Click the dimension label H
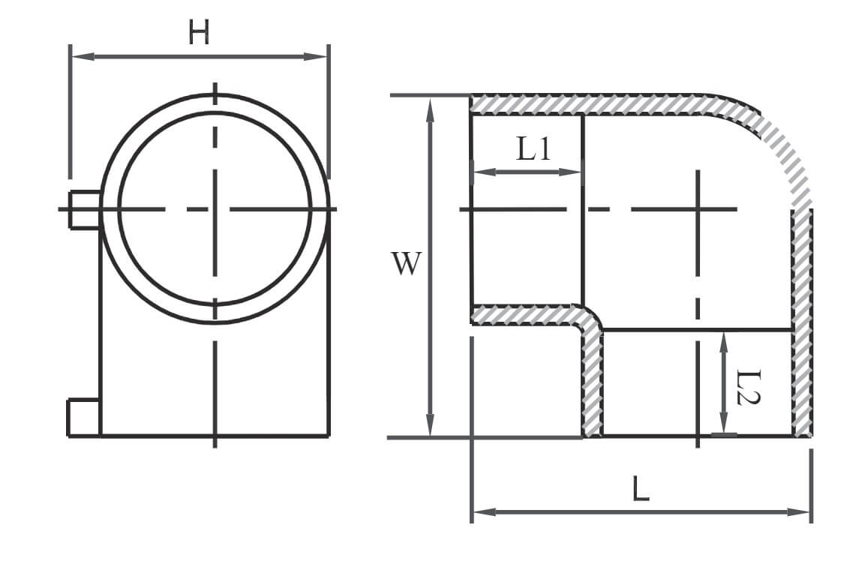199,32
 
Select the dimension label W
406,264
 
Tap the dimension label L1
533,150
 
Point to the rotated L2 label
747,386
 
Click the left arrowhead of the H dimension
76,56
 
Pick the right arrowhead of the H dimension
323,56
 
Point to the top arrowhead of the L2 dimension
724,337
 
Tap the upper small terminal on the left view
85,209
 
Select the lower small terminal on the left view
83,417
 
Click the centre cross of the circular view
215,208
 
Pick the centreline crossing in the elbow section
698,208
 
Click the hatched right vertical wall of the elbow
802,322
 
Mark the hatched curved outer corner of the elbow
776,142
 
